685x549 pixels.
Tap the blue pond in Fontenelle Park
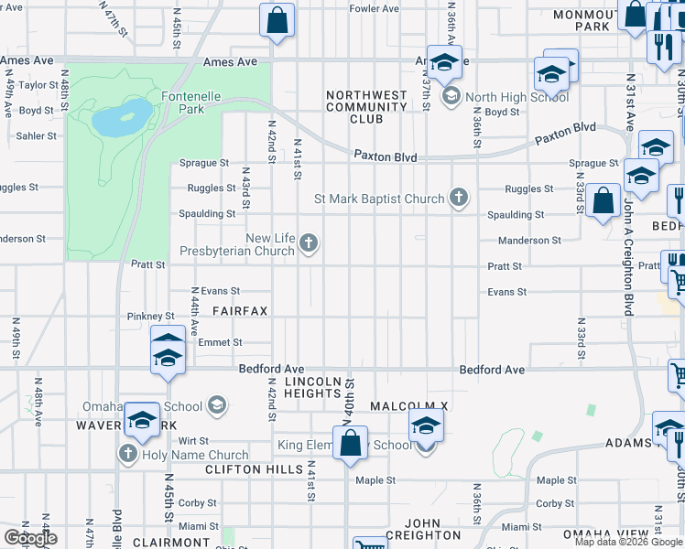122,118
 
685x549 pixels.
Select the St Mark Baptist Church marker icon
459,198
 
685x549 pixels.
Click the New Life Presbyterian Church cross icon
310,243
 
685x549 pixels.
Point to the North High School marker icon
451,96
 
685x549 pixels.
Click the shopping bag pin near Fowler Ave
277,21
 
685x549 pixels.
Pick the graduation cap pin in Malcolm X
426,426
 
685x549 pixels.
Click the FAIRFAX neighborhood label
240,311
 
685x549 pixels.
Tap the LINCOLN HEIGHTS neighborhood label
312,386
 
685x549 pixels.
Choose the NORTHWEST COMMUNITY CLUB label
366,107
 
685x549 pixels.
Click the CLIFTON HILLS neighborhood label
254,469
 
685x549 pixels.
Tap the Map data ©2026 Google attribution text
628,542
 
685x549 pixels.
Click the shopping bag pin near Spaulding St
603,202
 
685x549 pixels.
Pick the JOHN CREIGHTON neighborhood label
423,528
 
